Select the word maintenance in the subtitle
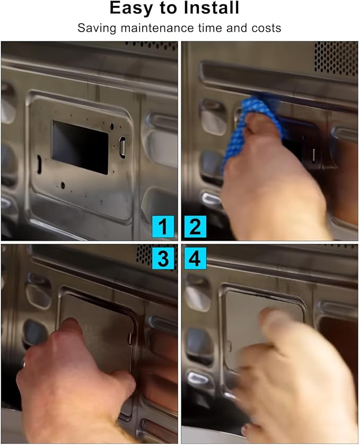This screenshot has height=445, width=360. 157,28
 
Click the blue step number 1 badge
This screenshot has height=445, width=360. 163,226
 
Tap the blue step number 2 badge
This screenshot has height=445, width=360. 195,226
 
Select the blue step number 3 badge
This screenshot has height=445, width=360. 163,258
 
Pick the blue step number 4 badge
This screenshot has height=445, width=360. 195,258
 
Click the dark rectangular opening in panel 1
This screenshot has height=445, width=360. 80,147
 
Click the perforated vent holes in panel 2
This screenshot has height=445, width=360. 336,58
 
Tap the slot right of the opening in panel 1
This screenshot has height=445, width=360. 122,147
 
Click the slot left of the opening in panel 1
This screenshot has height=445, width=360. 39,164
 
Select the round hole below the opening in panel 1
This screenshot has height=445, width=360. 63,186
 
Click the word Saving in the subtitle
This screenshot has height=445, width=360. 96,29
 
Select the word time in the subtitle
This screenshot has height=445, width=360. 210,28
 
